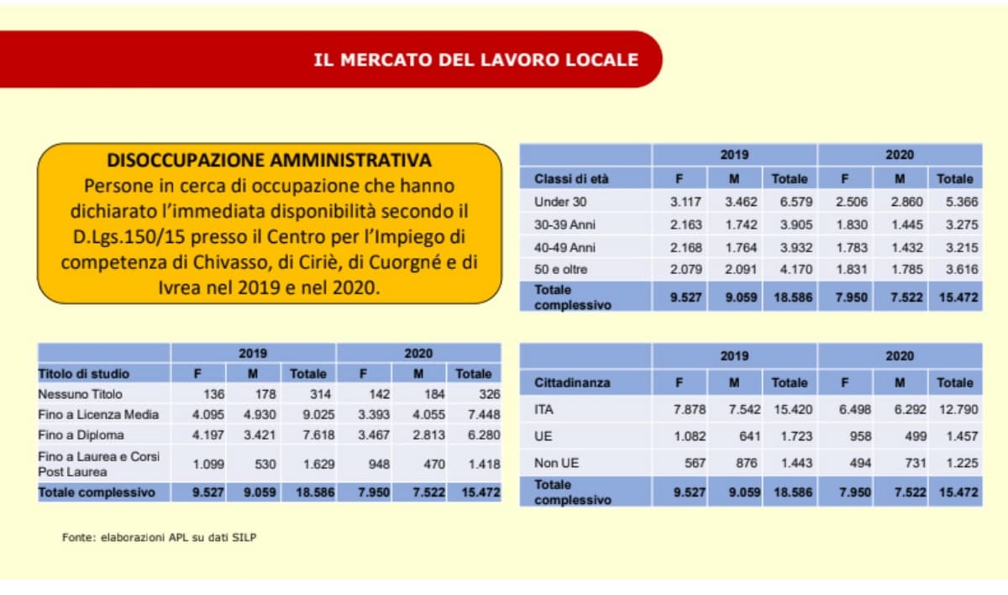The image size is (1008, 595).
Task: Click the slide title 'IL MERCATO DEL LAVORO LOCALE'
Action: point(475,61)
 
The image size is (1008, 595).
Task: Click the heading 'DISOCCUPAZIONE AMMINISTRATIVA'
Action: point(270,161)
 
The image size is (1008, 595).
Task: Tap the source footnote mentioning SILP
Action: point(159,537)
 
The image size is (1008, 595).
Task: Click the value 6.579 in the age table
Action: point(790,202)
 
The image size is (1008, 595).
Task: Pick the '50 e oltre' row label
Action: point(560,270)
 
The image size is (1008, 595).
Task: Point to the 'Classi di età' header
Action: point(571,179)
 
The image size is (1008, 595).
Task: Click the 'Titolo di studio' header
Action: point(83,373)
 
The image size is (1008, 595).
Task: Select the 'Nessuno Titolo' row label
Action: point(81,394)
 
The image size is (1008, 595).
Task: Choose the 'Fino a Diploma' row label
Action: point(81,435)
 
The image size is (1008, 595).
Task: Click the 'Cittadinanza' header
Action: point(572,382)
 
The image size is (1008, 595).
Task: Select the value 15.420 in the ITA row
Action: point(789,409)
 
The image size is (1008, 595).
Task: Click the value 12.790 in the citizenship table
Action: point(954,409)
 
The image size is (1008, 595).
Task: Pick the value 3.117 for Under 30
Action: point(687,202)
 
